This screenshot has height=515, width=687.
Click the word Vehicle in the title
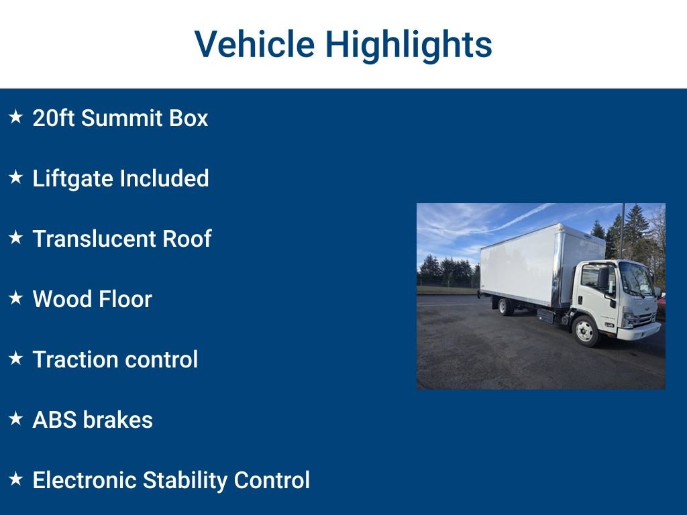coord(254,44)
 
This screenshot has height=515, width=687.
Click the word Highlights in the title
coord(409,46)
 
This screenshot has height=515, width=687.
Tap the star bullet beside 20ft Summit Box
coord(15,117)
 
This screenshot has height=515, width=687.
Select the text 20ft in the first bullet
coord(53,119)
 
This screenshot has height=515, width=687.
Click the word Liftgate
coord(73,179)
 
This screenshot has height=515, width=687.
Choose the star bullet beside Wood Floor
coord(15,298)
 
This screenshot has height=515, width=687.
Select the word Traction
coord(73,359)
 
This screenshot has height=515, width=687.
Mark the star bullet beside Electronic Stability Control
coord(15,479)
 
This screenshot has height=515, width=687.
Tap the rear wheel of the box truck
coord(505,306)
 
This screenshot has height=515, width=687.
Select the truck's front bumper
coord(638,332)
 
